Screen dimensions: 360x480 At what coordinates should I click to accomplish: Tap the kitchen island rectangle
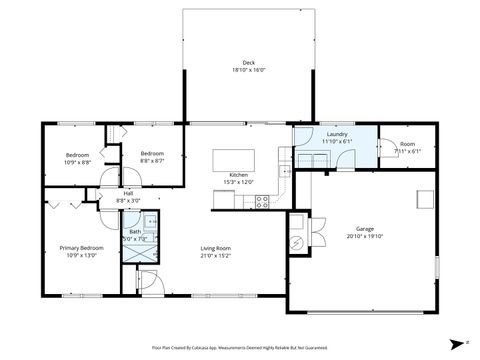[235, 159]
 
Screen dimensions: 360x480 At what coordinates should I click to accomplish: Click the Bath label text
[134, 232]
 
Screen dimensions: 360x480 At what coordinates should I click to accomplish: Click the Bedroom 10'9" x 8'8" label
[77, 155]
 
